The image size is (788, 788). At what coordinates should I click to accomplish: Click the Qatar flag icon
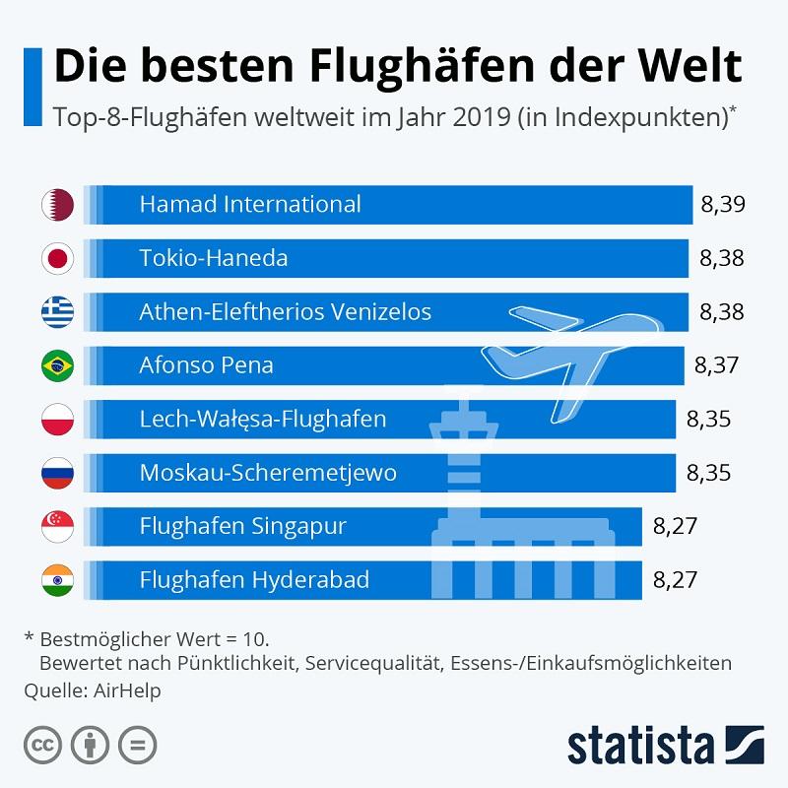click(57, 205)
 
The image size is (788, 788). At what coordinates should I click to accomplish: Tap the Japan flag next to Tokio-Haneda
click(57, 259)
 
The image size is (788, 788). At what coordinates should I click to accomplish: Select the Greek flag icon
click(57, 312)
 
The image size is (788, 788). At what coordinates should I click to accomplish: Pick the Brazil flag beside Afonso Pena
click(57, 365)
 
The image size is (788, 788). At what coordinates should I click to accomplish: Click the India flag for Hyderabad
click(57, 579)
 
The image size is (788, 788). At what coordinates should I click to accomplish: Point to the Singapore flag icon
click(57, 526)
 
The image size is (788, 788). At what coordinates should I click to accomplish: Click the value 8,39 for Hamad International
click(722, 205)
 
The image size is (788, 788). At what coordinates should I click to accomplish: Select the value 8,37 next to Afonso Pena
click(716, 365)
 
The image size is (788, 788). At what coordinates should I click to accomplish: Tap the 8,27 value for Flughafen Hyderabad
click(675, 579)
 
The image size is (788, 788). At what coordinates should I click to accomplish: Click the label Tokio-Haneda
click(214, 259)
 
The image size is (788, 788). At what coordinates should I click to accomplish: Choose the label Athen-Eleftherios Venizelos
click(286, 312)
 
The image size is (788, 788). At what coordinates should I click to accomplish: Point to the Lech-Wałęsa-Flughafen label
click(263, 420)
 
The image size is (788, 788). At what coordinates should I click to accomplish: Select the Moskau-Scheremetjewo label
click(268, 473)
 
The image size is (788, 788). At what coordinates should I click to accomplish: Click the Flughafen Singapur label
click(243, 526)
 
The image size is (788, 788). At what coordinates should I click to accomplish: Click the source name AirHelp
click(126, 690)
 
